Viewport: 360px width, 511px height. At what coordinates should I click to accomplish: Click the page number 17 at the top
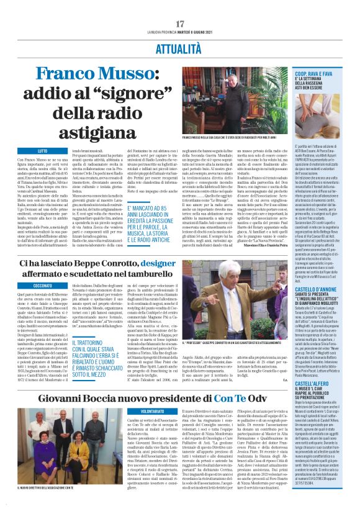tap(180, 24)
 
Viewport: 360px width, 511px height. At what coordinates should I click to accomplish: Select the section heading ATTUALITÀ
tap(180, 47)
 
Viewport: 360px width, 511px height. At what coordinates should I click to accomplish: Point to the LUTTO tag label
tap(43, 151)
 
